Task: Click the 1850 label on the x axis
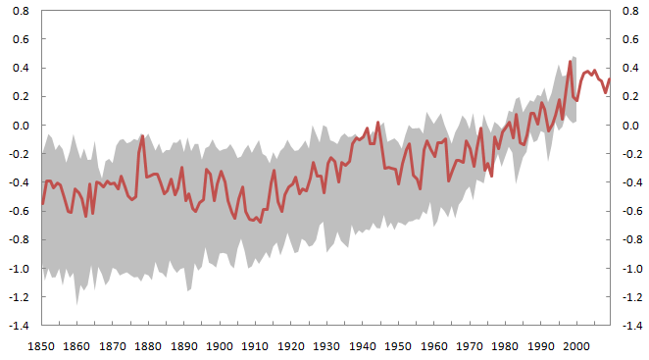pyautogui.click(x=41, y=346)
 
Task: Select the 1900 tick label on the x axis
pyautogui.click(x=220, y=346)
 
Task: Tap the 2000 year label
pyautogui.click(x=576, y=346)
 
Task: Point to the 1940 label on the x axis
pyautogui.click(x=362, y=346)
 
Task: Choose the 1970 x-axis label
pyautogui.click(x=470, y=346)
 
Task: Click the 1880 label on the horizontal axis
pyautogui.click(x=148, y=346)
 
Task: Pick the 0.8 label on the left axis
pyautogui.click(x=21, y=11)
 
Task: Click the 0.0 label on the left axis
pyautogui.click(x=21, y=126)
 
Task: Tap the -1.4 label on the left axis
pyautogui.click(x=19, y=326)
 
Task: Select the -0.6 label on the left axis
pyautogui.click(x=19, y=211)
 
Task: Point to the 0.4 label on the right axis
pyautogui.click(x=630, y=68)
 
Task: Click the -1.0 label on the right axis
pyautogui.click(x=632, y=269)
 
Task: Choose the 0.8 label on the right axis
pyautogui.click(x=630, y=11)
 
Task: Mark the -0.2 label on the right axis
pyautogui.click(x=632, y=154)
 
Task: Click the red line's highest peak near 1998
pyautogui.click(x=570, y=62)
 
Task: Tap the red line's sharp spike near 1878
pyautogui.click(x=142, y=136)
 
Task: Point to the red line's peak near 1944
pyautogui.click(x=377, y=123)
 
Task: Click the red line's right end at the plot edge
pyautogui.click(x=609, y=78)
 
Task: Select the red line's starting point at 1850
pyautogui.click(x=42, y=203)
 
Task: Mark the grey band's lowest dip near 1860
pyautogui.click(x=76, y=305)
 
